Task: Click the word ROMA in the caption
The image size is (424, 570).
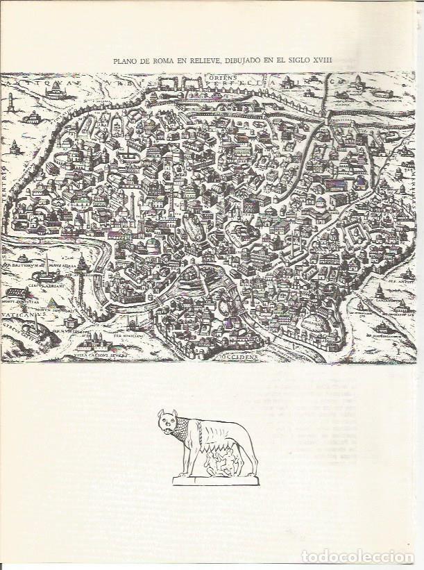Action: [161, 60]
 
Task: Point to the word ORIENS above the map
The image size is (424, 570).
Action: [227, 78]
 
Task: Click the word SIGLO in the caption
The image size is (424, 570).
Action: [295, 60]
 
